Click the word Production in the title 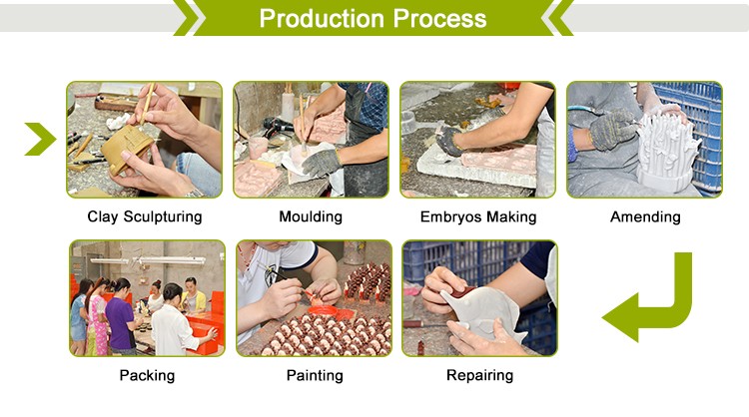322,19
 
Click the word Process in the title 440,19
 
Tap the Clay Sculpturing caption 144,216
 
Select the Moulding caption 311,216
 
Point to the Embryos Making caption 478,217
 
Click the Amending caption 645,217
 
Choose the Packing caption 147,375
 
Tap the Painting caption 315,375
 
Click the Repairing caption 479,375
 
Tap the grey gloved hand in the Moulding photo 321,162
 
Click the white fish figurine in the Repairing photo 482,312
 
